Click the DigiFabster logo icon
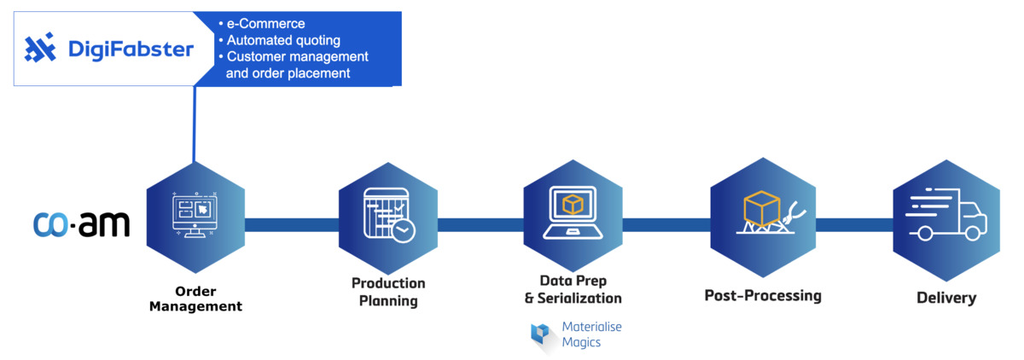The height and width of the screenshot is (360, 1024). click(40, 49)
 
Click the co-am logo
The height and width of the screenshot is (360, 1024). click(81, 224)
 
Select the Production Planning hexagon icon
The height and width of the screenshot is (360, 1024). click(387, 216)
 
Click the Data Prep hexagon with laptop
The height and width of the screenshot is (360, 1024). click(573, 215)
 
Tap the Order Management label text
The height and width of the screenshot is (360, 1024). click(195, 298)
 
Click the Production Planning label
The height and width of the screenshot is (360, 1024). click(388, 292)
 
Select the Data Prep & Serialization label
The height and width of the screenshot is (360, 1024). click(573, 289)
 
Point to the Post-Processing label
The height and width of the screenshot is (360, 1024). click(762, 295)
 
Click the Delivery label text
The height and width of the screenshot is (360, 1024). click(945, 298)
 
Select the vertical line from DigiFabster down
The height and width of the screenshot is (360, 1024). click(195, 124)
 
